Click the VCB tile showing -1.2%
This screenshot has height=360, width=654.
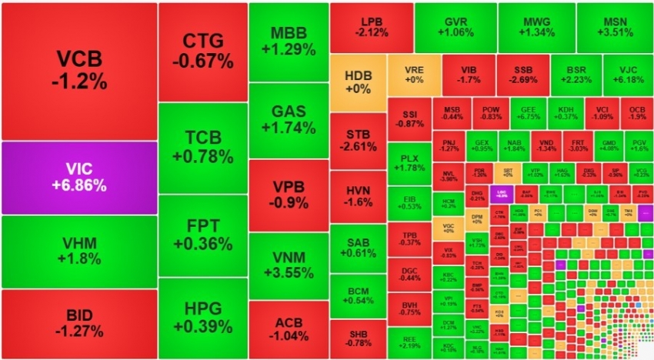point(78,71)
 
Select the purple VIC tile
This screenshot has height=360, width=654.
point(78,177)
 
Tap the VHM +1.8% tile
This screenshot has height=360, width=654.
point(78,252)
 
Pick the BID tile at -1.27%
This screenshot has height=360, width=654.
point(78,324)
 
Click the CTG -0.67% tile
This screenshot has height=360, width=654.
point(203,50)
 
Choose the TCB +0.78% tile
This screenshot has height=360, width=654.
point(203,147)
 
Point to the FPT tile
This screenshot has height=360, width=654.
point(203,235)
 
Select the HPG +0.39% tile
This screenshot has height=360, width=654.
point(203,317)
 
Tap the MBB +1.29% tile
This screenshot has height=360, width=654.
point(288,42)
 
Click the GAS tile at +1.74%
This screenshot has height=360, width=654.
point(288,120)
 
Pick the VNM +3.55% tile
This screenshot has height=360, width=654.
point(288,262)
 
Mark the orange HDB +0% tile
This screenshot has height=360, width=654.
point(358,82)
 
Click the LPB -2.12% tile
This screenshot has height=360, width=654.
point(371,26)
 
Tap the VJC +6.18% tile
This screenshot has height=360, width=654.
point(627,73)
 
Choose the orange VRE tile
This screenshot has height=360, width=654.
point(414,74)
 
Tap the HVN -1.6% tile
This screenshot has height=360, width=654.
point(358,196)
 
